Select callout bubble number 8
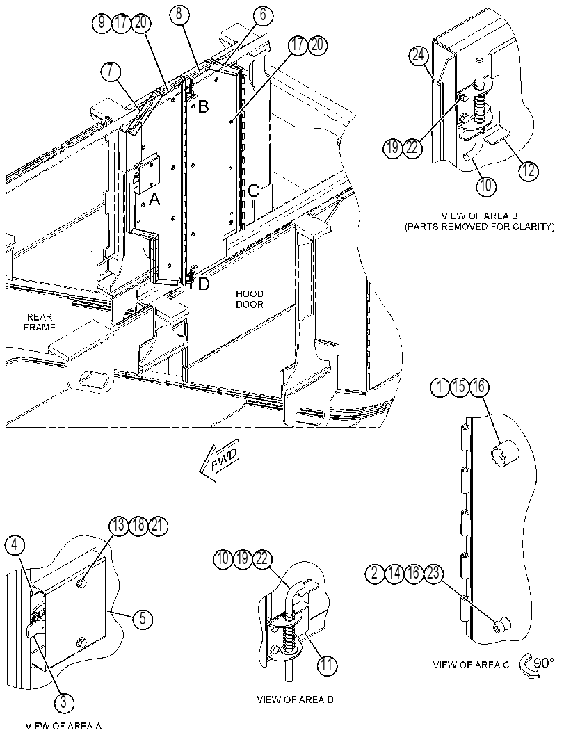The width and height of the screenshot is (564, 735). [x=179, y=14]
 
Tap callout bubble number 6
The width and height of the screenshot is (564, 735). [x=263, y=15]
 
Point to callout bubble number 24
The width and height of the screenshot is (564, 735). [x=418, y=56]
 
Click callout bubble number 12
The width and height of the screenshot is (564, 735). [x=528, y=170]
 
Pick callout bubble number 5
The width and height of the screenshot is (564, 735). [x=143, y=619]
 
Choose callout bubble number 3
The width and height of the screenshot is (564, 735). [x=64, y=702]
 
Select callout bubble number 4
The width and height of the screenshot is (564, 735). [x=15, y=545]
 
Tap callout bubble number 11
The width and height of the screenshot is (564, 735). [x=327, y=665]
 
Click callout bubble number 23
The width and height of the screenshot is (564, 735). [x=434, y=574]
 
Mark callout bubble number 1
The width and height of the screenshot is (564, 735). [x=440, y=387]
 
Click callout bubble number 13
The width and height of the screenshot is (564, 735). [x=119, y=526]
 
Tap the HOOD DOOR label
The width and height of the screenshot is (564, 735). [x=250, y=299]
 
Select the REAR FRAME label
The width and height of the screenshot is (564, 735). [x=40, y=322]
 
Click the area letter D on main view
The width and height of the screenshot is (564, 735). [x=204, y=284]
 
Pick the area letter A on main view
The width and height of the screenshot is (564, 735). [x=154, y=200]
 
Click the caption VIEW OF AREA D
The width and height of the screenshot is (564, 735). [x=296, y=700]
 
